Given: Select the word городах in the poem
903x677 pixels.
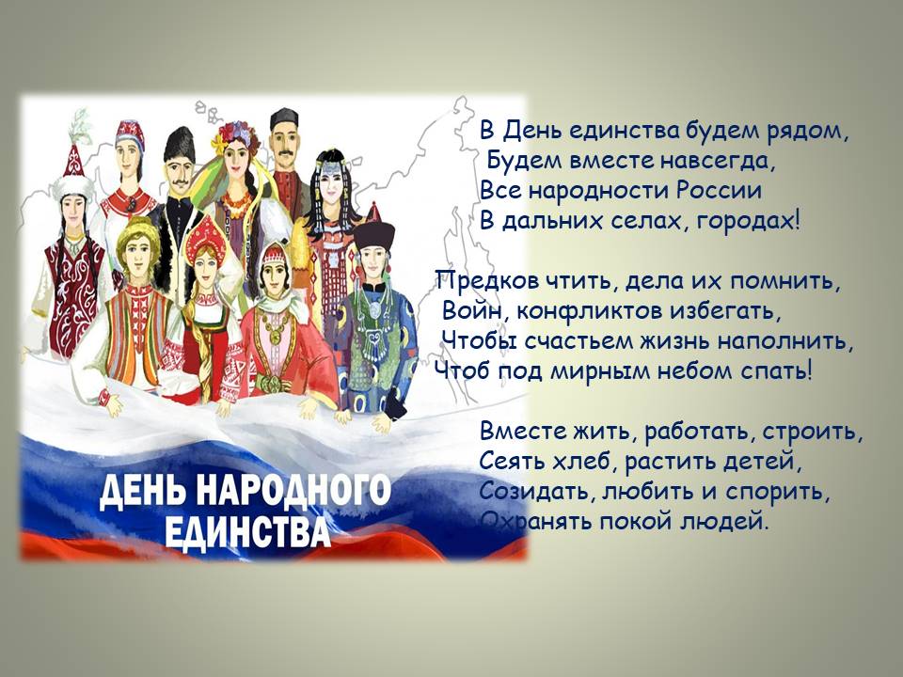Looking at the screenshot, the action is click(x=748, y=221).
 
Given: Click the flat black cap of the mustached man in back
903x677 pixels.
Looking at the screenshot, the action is click(x=284, y=118).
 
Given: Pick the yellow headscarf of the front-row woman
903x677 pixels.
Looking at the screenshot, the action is click(x=137, y=239).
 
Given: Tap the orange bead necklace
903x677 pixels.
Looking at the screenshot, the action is click(x=237, y=204).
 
